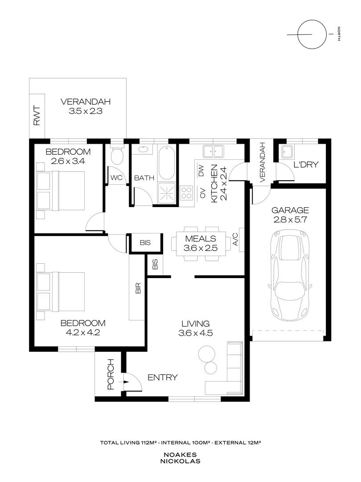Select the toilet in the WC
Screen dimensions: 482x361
click(117, 156)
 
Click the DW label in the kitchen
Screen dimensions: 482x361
click(201, 170)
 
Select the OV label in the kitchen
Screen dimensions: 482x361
click(201, 195)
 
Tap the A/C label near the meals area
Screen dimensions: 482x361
click(236, 240)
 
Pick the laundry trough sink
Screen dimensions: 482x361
click(286, 153)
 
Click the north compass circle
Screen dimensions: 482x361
click(311, 34)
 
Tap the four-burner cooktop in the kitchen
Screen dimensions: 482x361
click(187, 193)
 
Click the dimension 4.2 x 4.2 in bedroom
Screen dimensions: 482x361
click(83, 332)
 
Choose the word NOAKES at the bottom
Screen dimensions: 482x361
click(180, 455)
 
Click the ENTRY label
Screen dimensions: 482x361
click(163, 378)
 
